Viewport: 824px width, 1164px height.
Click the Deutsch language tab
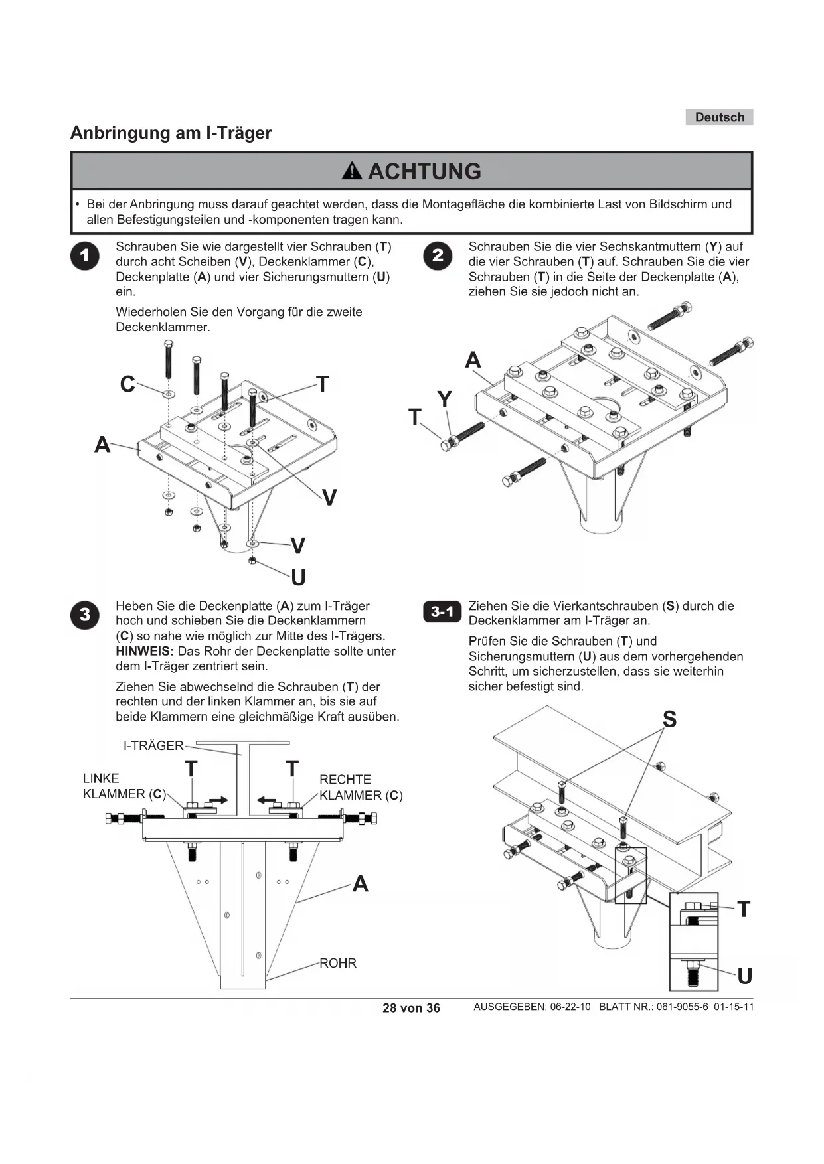click(x=719, y=117)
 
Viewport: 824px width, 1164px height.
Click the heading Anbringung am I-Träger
click(x=171, y=133)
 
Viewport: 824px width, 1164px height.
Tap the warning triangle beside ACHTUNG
click(x=352, y=171)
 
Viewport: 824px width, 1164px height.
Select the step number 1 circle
click(x=85, y=256)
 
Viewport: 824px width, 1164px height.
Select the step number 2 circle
click(x=438, y=256)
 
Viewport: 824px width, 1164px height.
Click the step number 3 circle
click(x=85, y=615)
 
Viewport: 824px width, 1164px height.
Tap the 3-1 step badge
click(x=442, y=612)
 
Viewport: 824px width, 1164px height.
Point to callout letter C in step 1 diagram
click(x=127, y=384)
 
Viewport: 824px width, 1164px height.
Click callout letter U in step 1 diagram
click(x=298, y=577)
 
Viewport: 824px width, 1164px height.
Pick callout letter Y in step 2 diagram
click(x=444, y=399)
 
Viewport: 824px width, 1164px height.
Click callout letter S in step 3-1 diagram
click(x=669, y=719)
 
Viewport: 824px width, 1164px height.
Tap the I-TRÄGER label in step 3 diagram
click(x=153, y=745)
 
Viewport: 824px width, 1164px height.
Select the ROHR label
click(x=338, y=963)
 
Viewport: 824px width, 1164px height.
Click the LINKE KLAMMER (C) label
click(x=123, y=786)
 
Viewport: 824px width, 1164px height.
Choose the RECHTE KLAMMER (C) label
click(x=361, y=788)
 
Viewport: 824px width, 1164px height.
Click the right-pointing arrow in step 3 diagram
click(x=218, y=800)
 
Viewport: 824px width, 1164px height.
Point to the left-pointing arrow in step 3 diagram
click(x=266, y=800)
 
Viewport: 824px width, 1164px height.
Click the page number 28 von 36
click(x=411, y=1008)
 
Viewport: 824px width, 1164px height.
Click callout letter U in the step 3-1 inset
click(x=744, y=976)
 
